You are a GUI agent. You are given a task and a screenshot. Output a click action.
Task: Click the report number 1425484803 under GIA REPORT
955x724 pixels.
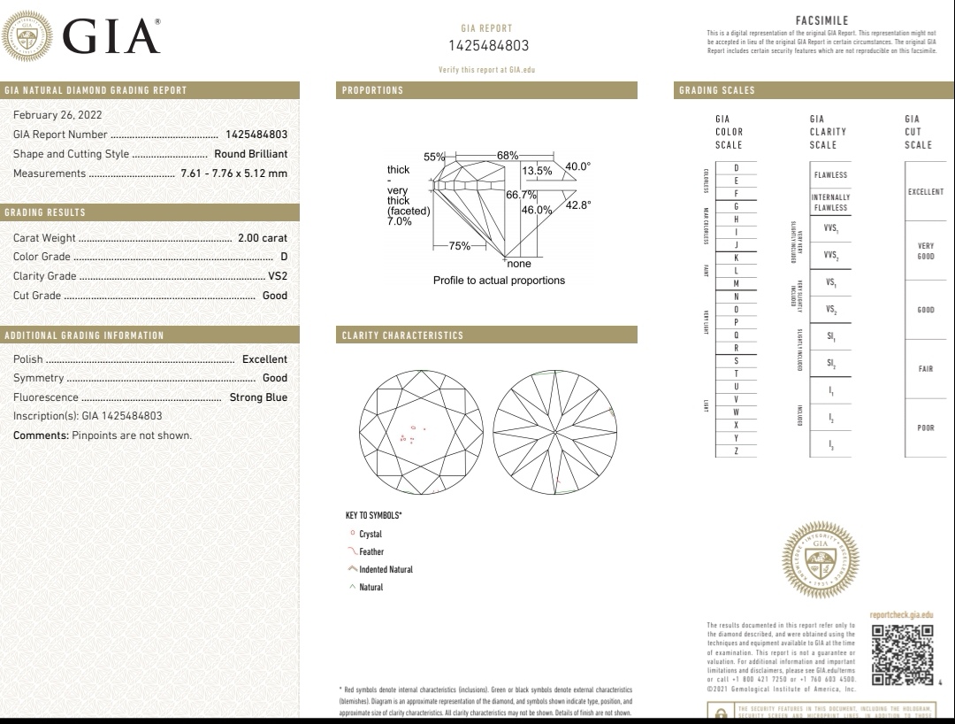[x=488, y=46]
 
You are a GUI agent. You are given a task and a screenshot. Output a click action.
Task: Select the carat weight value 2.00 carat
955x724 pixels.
[x=263, y=238]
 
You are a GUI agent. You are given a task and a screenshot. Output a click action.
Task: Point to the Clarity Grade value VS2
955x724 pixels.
[x=278, y=276]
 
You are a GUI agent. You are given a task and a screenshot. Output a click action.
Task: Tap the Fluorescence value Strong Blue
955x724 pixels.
[x=258, y=397]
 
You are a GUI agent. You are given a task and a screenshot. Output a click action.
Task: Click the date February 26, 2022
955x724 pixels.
[x=57, y=115]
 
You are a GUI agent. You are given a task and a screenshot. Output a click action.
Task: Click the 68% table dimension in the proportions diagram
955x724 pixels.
[x=508, y=156]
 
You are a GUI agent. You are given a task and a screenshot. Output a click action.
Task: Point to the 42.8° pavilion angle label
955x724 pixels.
[x=577, y=204]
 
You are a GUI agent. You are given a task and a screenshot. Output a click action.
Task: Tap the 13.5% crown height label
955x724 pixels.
[x=537, y=171]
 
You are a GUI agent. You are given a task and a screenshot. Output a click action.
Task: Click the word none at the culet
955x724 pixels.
[x=519, y=264]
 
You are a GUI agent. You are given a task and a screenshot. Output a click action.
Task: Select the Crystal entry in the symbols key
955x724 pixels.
[x=371, y=535]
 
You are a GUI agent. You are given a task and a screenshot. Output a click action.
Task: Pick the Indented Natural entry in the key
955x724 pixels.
[x=386, y=570]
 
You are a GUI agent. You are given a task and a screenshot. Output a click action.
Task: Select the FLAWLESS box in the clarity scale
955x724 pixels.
[x=830, y=175]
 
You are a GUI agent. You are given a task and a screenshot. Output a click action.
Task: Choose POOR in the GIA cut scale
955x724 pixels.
[x=925, y=428]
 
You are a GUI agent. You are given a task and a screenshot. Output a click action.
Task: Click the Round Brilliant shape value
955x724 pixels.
[x=251, y=154]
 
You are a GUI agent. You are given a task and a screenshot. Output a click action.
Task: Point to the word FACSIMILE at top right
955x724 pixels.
[x=821, y=21]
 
